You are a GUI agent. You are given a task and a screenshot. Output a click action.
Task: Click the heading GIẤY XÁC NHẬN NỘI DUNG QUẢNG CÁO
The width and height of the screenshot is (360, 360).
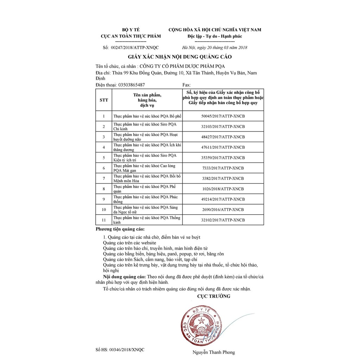pos(180,57)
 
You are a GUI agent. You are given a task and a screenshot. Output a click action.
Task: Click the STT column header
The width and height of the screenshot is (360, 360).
pos(104,100)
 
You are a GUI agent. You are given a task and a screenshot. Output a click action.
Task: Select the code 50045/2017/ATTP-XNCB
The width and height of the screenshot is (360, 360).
pos(223,116)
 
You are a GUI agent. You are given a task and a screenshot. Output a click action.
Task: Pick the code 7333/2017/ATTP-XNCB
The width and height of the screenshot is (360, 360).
pos(223,168)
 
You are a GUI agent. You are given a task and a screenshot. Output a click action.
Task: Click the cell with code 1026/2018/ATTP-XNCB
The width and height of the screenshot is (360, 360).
pos(223,189)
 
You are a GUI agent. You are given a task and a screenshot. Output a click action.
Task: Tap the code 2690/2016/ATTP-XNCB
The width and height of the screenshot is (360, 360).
pos(223,210)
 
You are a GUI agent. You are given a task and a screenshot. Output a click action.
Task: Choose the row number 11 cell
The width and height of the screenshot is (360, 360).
pos(104,220)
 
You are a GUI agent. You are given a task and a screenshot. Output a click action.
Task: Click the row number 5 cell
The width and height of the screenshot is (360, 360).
pos(104,157)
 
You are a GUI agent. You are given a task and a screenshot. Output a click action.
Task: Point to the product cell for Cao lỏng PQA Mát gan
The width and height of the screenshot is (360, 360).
pos(144,168)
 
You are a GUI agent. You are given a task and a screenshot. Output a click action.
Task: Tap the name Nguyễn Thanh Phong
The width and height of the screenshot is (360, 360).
pos(213,352)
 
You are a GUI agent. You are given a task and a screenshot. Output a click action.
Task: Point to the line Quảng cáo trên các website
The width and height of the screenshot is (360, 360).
pos(130,243)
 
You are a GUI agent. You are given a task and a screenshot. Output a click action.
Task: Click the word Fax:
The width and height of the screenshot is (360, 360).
pos(187,85)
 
